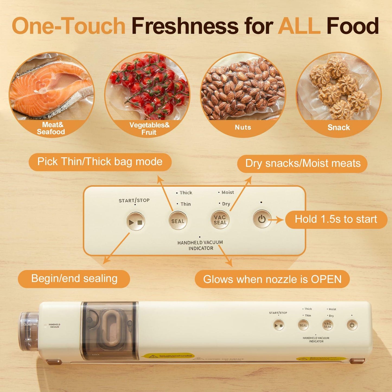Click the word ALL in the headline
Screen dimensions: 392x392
tap(299, 26)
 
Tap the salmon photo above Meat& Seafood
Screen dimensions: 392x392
tap(52, 87)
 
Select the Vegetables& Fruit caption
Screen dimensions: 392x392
tap(149, 129)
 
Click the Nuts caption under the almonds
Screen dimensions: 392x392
tap(243, 127)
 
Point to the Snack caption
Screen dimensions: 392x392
tap(339, 127)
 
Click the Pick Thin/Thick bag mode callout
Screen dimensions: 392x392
tap(100, 162)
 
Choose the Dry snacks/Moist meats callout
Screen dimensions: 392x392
tap(302, 164)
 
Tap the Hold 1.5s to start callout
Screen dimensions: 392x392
tap(336, 219)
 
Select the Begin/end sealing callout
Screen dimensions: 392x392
tap(74, 279)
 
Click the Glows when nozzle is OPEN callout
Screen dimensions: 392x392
tap(272, 279)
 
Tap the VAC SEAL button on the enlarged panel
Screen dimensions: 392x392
tap(220, 220)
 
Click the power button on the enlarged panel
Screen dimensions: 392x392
tap(262, 219)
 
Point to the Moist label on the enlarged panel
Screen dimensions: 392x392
tap(227, 192)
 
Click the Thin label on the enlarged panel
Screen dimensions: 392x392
tap(186, 204)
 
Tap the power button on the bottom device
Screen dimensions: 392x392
tap(352, 325)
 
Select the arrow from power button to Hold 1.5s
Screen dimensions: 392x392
tap(277, 220)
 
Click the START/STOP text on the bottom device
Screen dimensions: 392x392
tap(278, 313)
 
